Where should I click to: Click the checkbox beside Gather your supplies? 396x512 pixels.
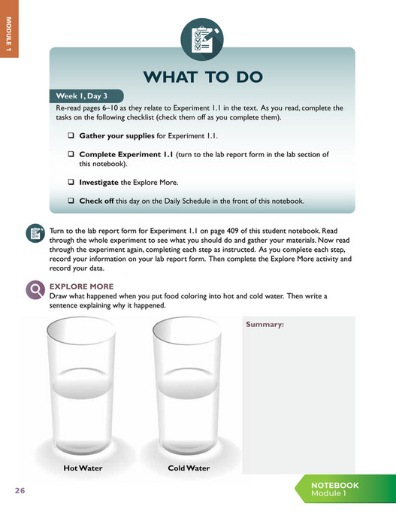pyautogui.click(x=71, y=135)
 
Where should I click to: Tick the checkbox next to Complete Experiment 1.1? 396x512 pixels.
pyautogui.click(x=71, y=154)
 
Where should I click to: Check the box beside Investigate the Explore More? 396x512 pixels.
pyautogui.click(x=71, y=182)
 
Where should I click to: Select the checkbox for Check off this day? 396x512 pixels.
pyautogui.click(x=71, y=201)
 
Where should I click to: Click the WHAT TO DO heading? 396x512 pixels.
pyautogui.click(x=203, y=77)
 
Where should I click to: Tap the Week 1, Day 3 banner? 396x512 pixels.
pyautogui.click(x=86, y=96)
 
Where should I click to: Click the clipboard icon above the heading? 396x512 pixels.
pyautogui.click(x=202, y=40)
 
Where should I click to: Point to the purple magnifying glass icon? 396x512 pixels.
pyautogui.click(x=35, y=290)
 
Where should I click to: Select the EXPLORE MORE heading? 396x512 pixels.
pyautogui.click(x=82, y=286)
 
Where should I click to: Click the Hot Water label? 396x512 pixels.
pyautogui.click(x=83, y=468)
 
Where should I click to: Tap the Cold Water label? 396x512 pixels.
pyautogui.click(x=189, y=468)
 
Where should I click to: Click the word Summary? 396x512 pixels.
pyautogui.click(x=265, y=324)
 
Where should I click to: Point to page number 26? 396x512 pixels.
pyautogui.click(x=20, y=490)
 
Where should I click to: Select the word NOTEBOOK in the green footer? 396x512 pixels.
pyautogui.click(x=334, y=485)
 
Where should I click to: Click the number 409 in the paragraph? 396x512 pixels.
pyautogui.click(x=232, y=231)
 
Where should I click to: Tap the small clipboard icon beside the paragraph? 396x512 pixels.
pyautogui.click(x=35, y=233)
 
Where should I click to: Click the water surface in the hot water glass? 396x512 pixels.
pyautogui.click(x=82, y=383)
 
